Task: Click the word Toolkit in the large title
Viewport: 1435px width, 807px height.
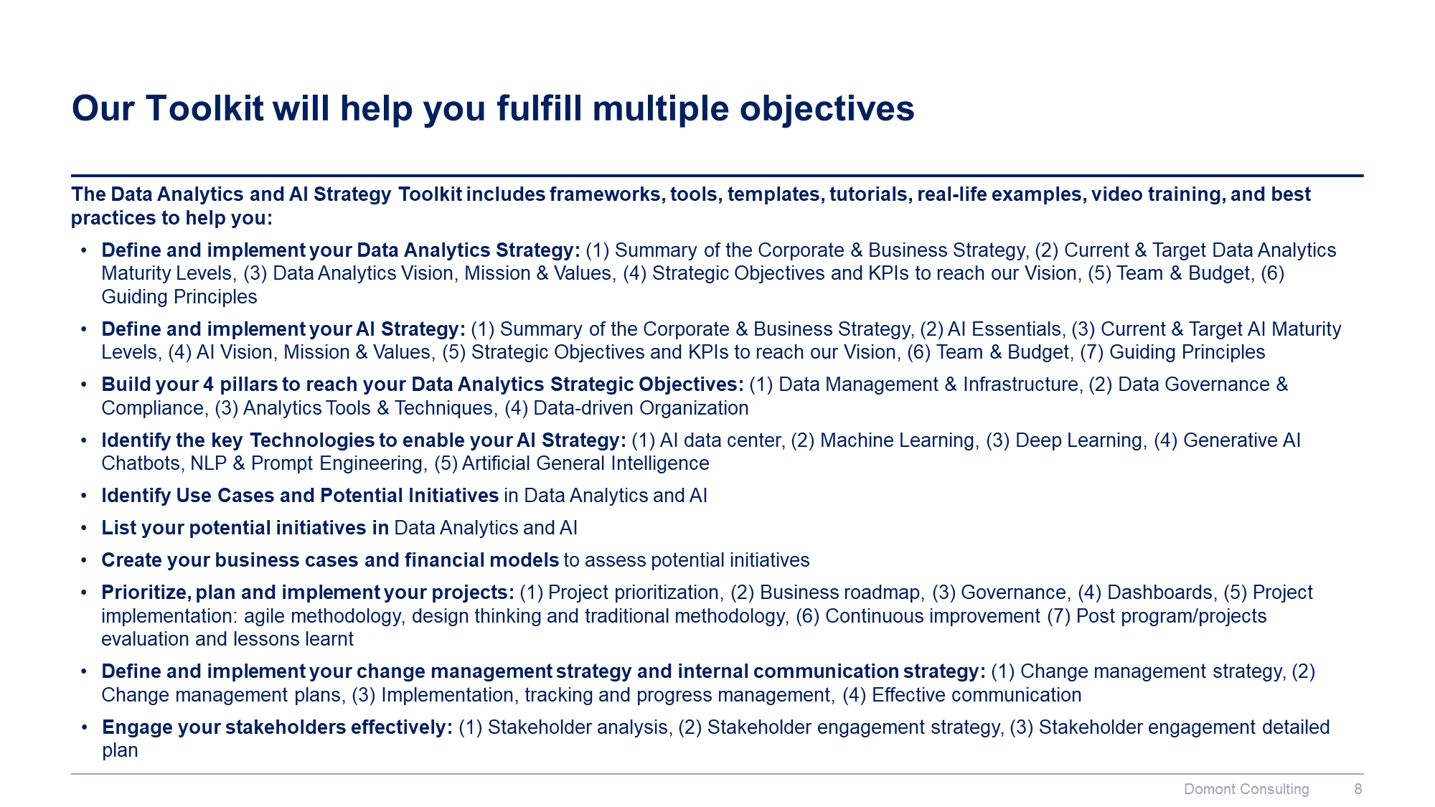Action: (204, 109)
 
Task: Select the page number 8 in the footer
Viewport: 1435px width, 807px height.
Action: (1358, 789)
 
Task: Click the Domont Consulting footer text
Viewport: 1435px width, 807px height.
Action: (1246, 789)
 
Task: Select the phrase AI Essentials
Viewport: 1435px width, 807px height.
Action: (1004, 329)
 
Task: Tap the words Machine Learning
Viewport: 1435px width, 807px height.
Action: (897, 440)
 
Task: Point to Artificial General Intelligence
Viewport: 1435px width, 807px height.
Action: (585, 463)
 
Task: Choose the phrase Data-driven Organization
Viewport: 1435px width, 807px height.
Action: (641, 408)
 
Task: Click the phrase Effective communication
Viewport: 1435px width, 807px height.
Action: (977, 695)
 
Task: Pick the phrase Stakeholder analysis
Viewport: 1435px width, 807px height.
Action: (578, 727)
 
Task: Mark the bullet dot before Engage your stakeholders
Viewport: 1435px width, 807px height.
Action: (85, 727)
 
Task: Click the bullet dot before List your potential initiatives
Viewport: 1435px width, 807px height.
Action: (84, 528)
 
